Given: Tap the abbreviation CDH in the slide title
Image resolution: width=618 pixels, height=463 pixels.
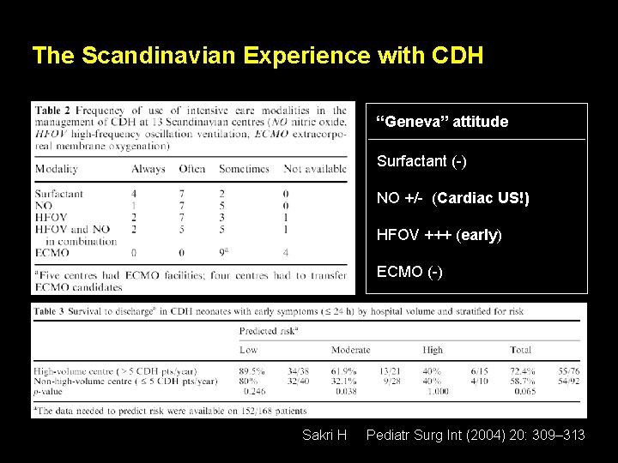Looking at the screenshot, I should (458, 57).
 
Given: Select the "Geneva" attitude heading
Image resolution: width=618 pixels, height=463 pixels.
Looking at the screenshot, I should (443, 122).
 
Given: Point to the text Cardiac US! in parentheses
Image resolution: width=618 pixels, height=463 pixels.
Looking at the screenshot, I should (482, 199).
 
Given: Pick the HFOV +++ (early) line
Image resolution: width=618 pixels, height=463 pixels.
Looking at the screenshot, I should (439, 235).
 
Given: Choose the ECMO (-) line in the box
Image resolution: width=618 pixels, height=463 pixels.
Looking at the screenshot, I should (409, 272).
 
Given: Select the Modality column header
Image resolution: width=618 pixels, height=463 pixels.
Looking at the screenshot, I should (57, 169).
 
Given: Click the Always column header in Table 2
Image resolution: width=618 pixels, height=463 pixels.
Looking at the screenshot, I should (148, 169).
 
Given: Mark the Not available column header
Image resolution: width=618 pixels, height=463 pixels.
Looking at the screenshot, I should (315, 169).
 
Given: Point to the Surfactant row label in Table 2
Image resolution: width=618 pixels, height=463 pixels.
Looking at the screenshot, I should (59, 194).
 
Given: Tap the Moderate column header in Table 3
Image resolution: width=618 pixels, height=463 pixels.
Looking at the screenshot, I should (351, 350).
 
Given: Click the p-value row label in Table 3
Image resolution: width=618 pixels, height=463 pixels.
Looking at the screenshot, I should (51, 392).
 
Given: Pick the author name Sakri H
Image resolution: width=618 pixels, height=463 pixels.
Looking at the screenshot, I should (324, 436).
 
